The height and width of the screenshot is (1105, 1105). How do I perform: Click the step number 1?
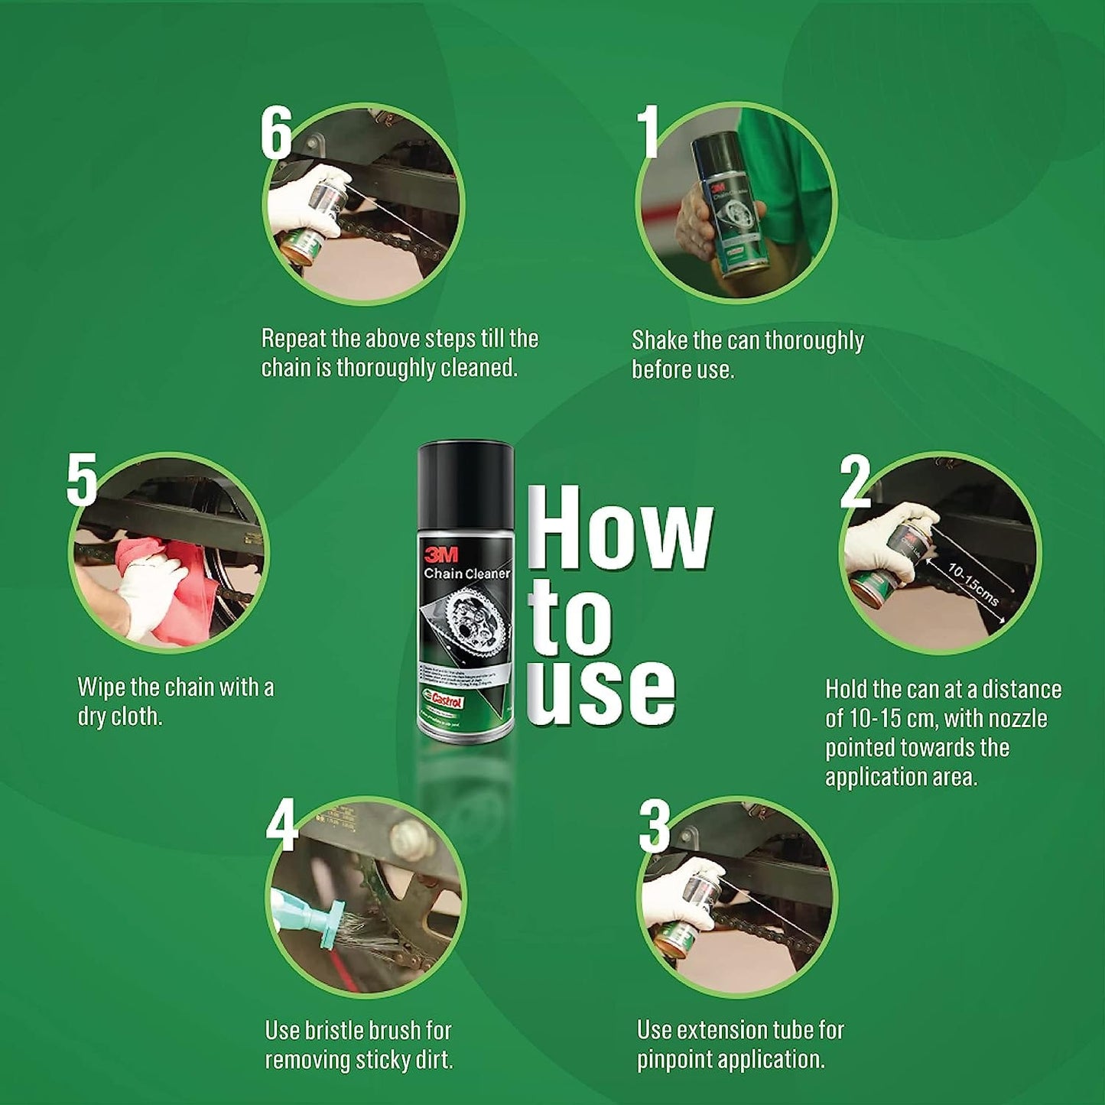[649, 132]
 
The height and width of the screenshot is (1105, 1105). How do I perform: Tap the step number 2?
[855, 481]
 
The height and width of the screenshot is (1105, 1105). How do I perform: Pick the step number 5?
[82, 479]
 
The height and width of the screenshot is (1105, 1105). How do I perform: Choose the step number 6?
[276, 132]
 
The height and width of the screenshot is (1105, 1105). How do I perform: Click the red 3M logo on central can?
[440, 554]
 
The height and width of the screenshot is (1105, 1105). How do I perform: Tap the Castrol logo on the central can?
[445, 700]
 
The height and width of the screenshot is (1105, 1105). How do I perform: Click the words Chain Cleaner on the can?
[466, 574]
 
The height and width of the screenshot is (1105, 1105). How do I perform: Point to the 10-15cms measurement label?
[972, 584]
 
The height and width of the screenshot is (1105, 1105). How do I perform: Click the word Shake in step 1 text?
[659, 340]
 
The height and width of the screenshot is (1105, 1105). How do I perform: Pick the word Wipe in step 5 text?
[102, 687]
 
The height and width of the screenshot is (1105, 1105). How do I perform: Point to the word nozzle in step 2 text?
[1018, 719]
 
